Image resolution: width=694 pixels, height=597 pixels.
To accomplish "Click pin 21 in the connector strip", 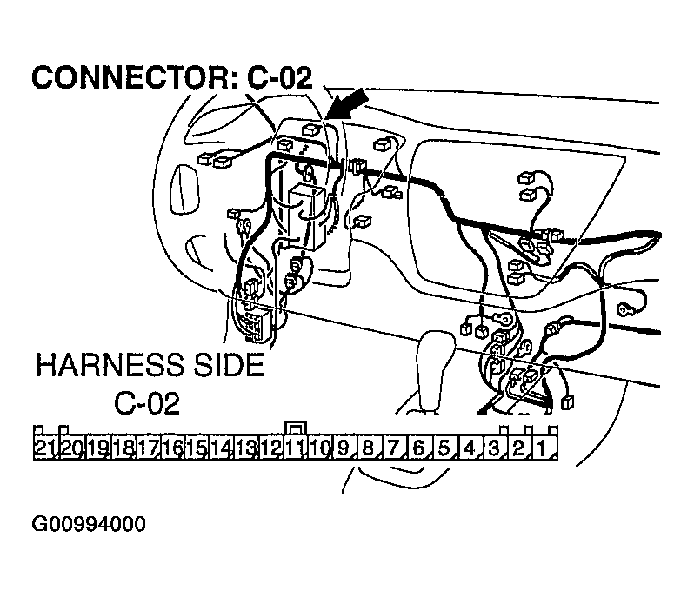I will click(x=45, y=448).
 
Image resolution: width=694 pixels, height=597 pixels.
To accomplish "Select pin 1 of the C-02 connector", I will click(x=543, y=448).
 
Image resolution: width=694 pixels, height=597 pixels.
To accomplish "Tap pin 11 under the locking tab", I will click(x=296, y=448).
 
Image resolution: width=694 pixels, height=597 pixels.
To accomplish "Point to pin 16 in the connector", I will click(x=171, y=448).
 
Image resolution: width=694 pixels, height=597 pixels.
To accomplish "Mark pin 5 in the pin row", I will click(x=444, y=448).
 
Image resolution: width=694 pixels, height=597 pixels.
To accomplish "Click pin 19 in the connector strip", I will click(x=97, y=448).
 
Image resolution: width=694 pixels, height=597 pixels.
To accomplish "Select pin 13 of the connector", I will click(x=245, y=448).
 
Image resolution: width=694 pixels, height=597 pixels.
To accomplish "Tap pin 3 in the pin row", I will click(x=493, y=448).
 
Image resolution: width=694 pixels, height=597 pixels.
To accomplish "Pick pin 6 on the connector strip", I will click(x=418, y=448).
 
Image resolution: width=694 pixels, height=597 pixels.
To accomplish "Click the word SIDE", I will click(x=225, y=364).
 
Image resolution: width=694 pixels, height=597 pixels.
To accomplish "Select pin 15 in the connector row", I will click(x=196, y=448).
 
